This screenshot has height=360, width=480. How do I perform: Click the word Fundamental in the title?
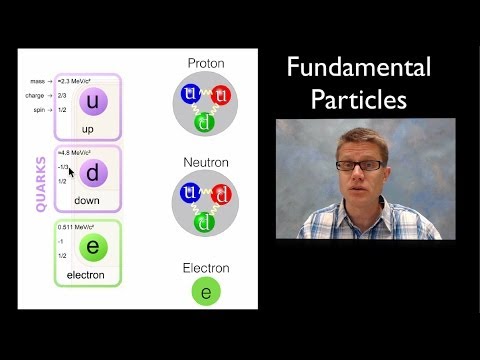pyautogui.click(x=359, y=68)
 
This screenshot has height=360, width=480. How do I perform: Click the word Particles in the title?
pyautogui.click(x=359, y=100)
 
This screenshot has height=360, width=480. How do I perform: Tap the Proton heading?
pyautogui.click(x=205, y=63)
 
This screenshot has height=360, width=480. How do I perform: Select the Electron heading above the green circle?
pyautogui.click(x=205, y=268)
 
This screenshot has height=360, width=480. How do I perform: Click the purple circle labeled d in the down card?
pyautogui.click(x=93, y=174)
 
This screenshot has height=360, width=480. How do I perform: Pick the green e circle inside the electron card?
pyautogui.click(x=93, y=247)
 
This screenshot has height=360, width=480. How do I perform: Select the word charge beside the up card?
pyautogui.click(x=33, y=96)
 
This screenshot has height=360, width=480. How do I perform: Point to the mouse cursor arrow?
pyautogui.click(x=71, y=172)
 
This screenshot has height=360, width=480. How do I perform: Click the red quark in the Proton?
pyautogui.click(x=222, y=95)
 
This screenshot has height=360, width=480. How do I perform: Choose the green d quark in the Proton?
pyautogui.click(x=206, y=123)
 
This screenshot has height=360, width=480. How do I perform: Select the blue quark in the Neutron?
pyautogui.click(x=189, y=192)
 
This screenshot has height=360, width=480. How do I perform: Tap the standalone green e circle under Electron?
pyautogui.click(x=206, y=291)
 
